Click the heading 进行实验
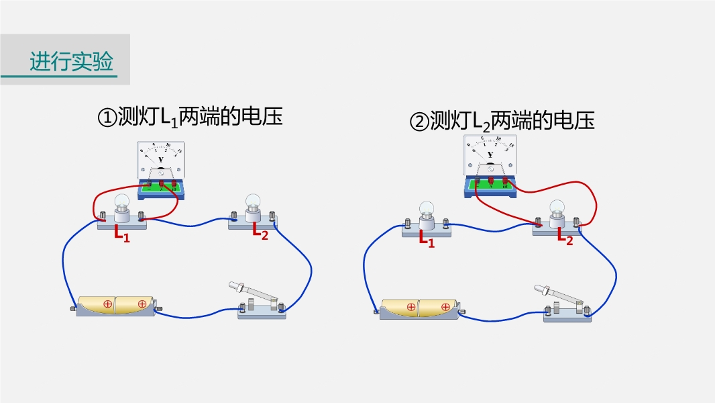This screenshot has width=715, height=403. tap(71, 62)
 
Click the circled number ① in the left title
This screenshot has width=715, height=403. tap(107, 118)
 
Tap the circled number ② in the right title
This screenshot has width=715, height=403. tap(419, 122)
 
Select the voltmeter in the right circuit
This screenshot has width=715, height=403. tap(490, 165)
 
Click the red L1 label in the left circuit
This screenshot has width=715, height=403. tap(121, 234)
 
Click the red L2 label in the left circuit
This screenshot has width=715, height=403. tap(260, 232)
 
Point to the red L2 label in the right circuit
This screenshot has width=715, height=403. tap(565, 236)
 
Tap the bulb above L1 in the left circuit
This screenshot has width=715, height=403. tap(122, 204)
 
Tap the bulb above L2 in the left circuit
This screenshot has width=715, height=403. tap(252, 203)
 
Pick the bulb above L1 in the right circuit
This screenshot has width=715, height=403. tap(427, 211)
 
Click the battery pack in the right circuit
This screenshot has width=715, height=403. tap(419, 308)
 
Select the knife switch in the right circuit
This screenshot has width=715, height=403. tap(565, 304)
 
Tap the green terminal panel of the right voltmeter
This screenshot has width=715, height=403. tap(490, 183)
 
